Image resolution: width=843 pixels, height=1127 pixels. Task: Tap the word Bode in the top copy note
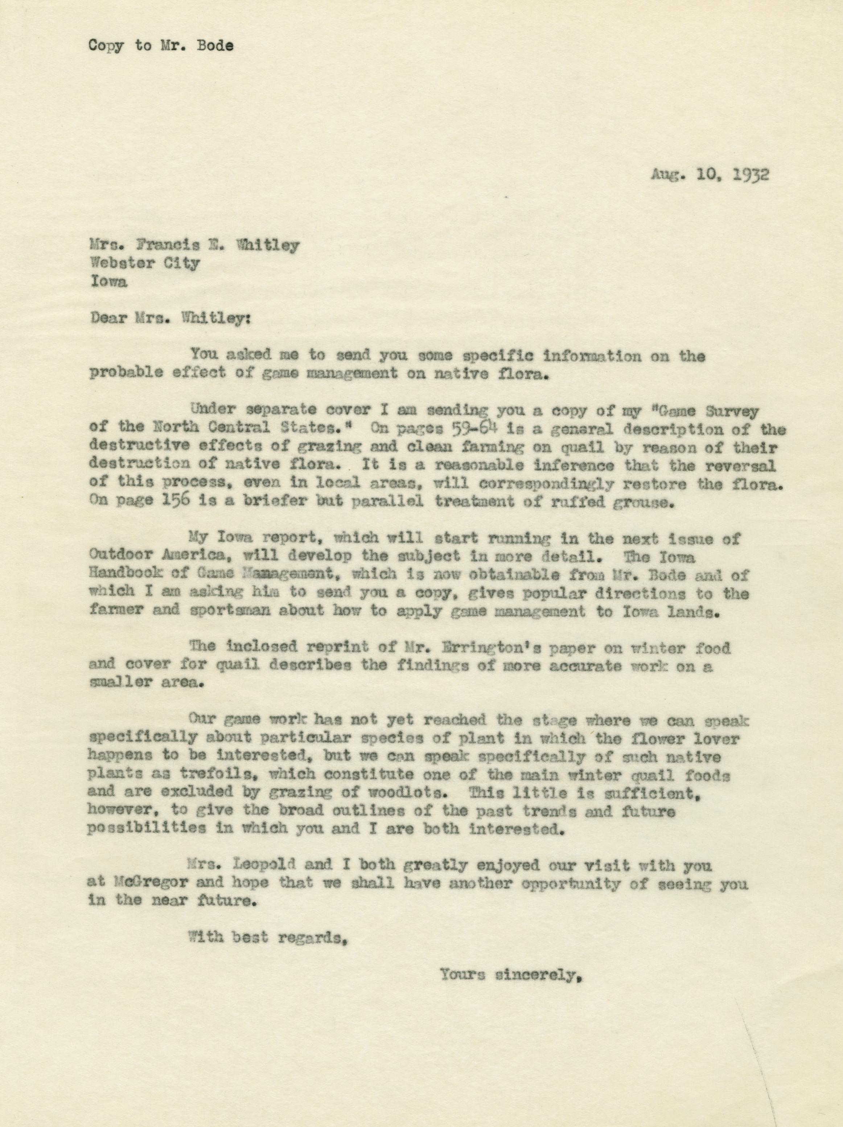216,45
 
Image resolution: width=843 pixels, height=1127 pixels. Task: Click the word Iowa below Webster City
108,282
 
